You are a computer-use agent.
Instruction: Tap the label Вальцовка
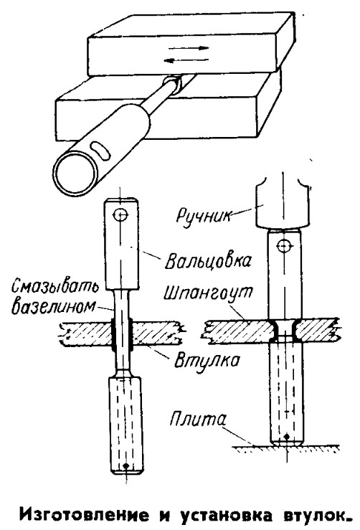pos(209,261)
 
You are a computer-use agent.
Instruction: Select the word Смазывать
pos(55,287)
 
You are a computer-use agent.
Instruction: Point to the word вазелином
pos(53,306)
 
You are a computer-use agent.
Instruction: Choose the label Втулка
pos(207,360)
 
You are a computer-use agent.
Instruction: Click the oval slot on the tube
pos(100,151)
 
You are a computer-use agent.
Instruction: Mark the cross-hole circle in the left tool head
pos(120,214)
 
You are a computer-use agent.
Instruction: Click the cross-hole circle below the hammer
pos(283,246)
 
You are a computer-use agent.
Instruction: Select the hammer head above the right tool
pos(283,203)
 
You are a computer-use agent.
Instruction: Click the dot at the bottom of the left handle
pos(125,465)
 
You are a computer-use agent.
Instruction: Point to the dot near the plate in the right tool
pos(286,436)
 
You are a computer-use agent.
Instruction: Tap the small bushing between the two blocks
pos(174,85)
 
